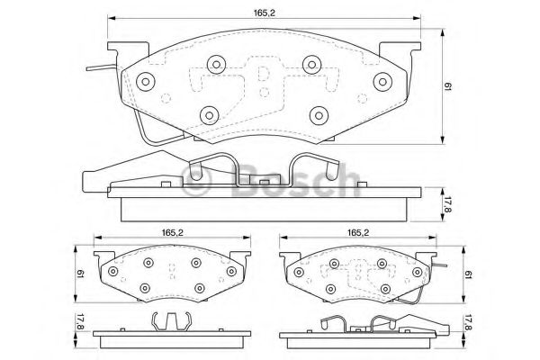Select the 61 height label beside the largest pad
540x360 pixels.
pyautogui.click(x=447, y=86)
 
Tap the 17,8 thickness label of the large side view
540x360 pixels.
pyautogui.click(x=447, y=204)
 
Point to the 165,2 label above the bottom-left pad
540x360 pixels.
pyautogui.click(x=173, y=233)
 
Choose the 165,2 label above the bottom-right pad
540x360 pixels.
pyautogui.click(x=358, y=233)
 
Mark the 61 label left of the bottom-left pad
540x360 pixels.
pyautogui.click(x=81, y=274)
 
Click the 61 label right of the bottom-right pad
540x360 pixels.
pyautogui.click(x=468, y=274)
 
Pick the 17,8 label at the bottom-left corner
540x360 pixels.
pyautogui.click(x=80, y=321)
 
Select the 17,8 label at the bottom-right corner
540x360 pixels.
pyautogui.click(x=467, y=323)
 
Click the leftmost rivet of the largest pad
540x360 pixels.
pyautogui.click(x=145, y=82)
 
